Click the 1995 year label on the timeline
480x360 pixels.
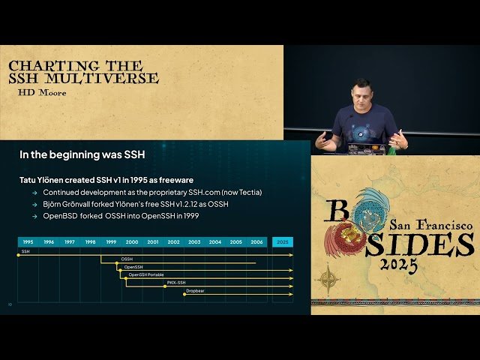pos(28,242)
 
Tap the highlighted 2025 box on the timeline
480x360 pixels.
pos(282,242)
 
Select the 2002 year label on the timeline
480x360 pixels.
pos(173,242)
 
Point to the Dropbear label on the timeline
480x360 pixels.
pos(195,290)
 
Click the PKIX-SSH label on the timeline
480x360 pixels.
pos(176,282)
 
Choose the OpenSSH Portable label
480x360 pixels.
pos(145,274)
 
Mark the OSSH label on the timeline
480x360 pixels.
pos(127,259)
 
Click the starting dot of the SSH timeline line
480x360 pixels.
pos(19,255)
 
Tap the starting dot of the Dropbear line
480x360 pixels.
pos(184,293)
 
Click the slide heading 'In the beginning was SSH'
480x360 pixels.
pos(82,155)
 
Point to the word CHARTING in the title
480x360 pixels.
pos(46,66)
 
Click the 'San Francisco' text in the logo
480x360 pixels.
pos(430,224)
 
